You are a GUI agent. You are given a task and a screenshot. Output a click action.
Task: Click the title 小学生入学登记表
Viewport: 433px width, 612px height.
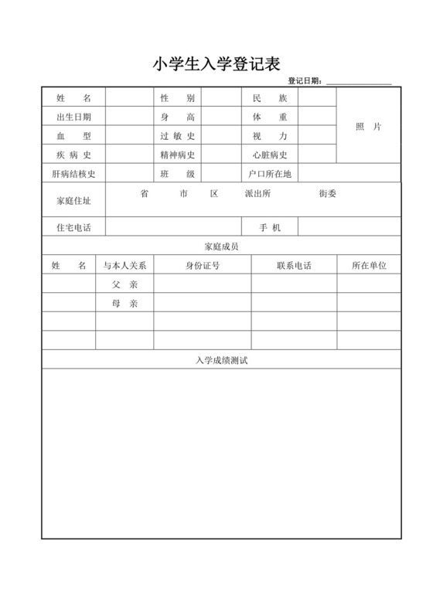point(216,64)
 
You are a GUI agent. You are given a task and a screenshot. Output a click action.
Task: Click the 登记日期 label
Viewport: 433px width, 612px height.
point(305,81)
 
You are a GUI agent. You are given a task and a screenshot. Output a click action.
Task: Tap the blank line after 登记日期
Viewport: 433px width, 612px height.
point(359,82)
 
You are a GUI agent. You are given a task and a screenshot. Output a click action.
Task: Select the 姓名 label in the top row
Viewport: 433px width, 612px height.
point(73,98)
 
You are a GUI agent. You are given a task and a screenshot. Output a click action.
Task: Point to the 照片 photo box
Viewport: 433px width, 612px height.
point(368,127)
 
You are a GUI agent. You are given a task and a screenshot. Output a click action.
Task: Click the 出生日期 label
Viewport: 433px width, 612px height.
point(73,117)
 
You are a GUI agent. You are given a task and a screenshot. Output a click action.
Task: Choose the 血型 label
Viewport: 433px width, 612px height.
point(73,136)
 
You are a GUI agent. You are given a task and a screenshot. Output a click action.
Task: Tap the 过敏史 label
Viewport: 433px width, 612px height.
point(177,136)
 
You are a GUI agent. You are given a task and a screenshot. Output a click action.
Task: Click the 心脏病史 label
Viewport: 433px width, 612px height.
point(270,155)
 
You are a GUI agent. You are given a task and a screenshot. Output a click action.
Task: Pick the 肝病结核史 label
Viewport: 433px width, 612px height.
point(73,174)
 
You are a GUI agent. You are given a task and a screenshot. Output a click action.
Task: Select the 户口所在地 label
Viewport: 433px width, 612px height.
point(270,174)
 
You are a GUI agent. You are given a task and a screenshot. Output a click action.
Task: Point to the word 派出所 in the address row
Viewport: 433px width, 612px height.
point(256,194)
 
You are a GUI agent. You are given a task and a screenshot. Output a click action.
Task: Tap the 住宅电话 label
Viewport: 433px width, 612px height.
point(73,227)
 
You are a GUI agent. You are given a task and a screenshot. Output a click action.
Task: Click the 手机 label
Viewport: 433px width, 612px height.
point(270,227)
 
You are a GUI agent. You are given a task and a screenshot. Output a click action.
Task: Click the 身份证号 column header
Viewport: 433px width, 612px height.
point(202,265)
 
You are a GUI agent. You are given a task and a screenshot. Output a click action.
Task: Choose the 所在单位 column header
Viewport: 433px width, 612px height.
point(368,265)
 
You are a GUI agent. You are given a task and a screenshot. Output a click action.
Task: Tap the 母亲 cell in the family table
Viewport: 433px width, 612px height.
point(124,304)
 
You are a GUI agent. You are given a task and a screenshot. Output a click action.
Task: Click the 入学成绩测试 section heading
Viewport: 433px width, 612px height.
point(221,360)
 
